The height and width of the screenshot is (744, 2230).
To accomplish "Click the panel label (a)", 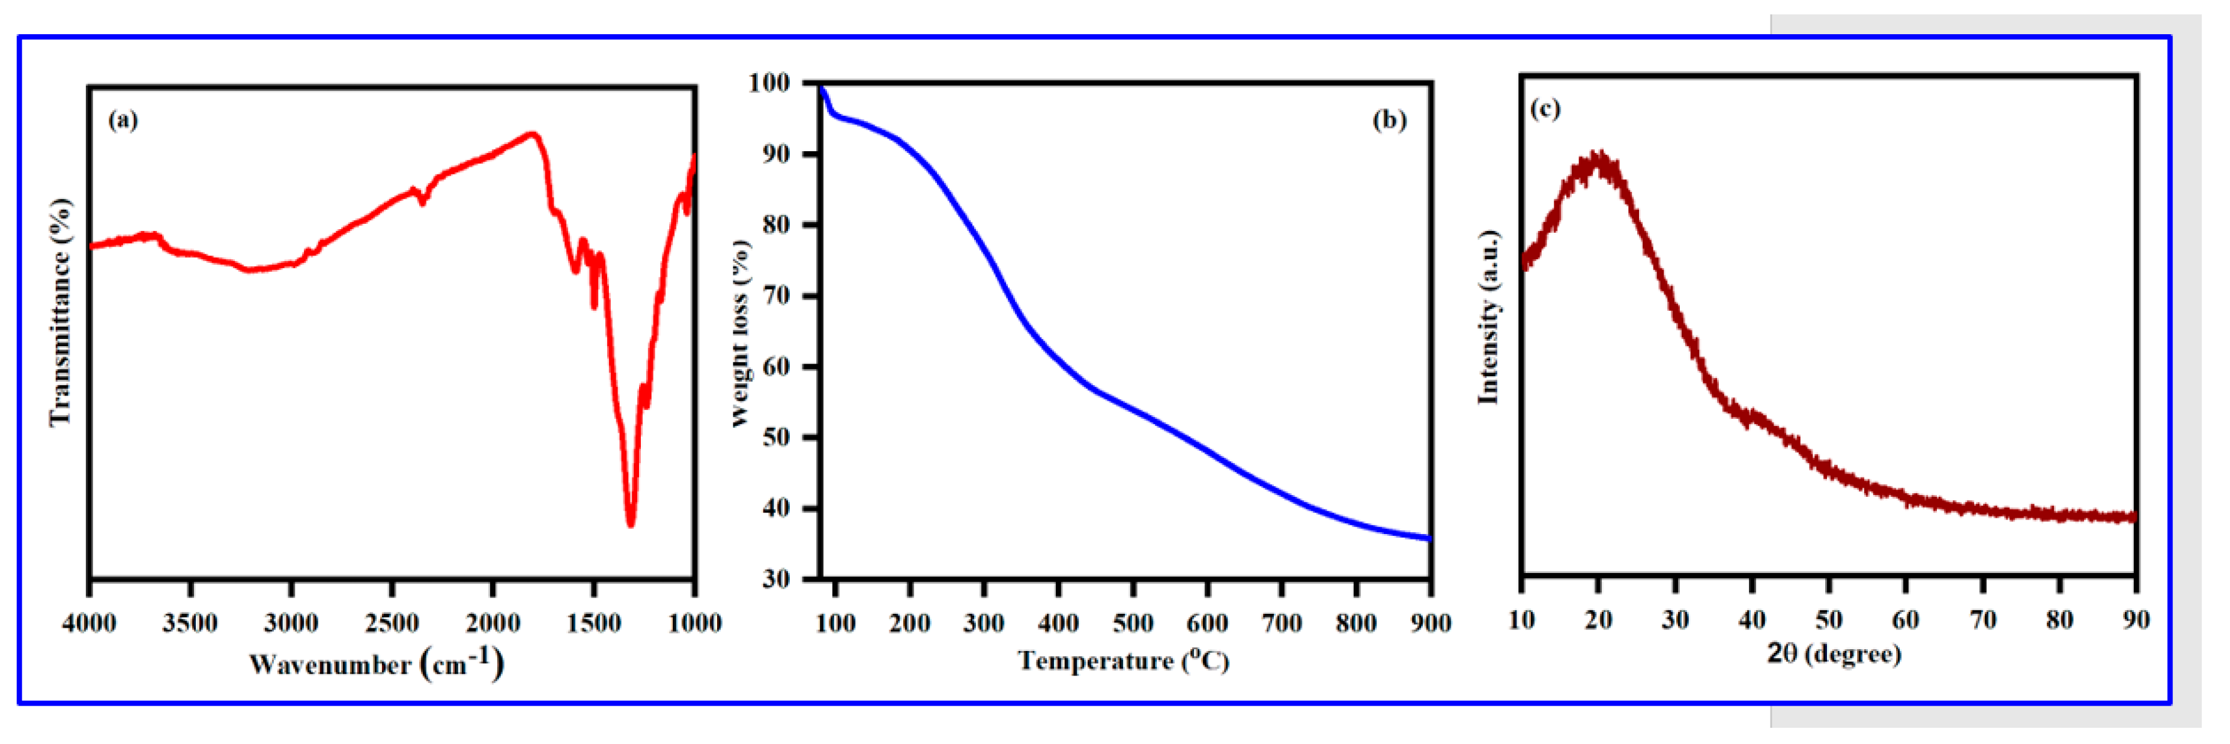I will [x=123, y=119].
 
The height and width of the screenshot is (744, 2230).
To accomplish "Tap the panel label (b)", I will [x=1389, y=119].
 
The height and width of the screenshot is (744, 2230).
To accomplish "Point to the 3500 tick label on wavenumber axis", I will [x=190, y=622].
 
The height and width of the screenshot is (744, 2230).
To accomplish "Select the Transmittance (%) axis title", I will [x=59, y=311].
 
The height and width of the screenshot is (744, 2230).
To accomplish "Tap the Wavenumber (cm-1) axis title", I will [x=376, y=664].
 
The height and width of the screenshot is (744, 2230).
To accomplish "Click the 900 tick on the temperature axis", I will [x=1430, y=622].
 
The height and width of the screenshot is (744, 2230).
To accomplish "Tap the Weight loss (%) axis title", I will [x=740, y=333].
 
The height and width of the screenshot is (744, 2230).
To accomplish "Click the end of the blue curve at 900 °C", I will [x=1428, y=538].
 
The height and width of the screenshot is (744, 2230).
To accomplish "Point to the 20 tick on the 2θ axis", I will [x=1598, y=619].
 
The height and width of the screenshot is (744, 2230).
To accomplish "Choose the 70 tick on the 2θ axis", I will [x=1983, y=619].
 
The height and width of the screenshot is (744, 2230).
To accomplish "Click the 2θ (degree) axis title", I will [x=1834, y=653].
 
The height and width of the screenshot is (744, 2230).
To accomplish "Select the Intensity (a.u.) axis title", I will [x=1488, y=317].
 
